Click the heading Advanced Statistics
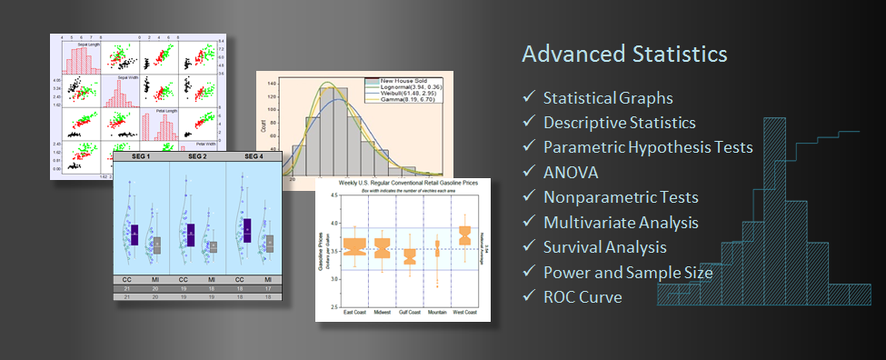(624, 54)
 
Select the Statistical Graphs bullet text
(607, 98)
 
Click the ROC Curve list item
(582, 296)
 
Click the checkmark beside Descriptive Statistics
(529, 123)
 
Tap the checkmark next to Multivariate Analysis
(529, 222)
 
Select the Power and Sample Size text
(626, 271)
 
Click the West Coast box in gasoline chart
(465, 235)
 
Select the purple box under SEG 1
(134, 235)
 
